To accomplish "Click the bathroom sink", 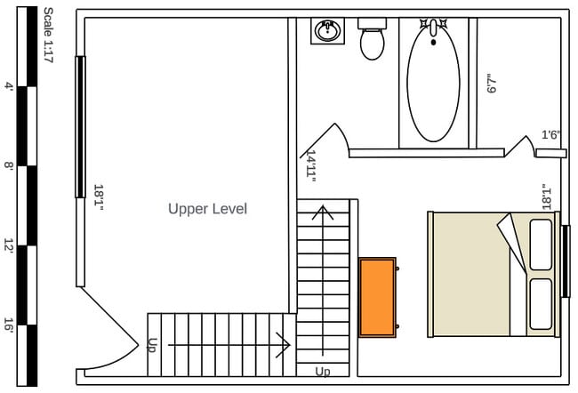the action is click(327, 30).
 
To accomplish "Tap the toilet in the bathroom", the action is click(372, 39).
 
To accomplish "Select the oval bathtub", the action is click(434, 83).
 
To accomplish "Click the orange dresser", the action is click(377, 297).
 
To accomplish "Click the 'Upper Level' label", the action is click(207, 209).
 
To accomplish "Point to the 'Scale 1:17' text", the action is click(48, 35).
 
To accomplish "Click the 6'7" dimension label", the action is click(492, 84).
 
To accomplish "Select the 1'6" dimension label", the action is click(550, 134).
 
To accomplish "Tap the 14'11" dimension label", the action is click(311, 166).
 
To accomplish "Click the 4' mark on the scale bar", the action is click(9, 86).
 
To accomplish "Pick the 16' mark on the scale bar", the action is click(9, 325).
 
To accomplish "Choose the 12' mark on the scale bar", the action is click(9, 245).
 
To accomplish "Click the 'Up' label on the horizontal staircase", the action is click(152, 345).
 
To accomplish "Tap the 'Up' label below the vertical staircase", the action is click(323, 372).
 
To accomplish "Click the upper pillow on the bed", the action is click(541, 245).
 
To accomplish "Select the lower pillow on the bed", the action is click(541, 304).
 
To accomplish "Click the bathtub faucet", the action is click(434, 28).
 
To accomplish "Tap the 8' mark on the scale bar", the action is click(9, 165).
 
